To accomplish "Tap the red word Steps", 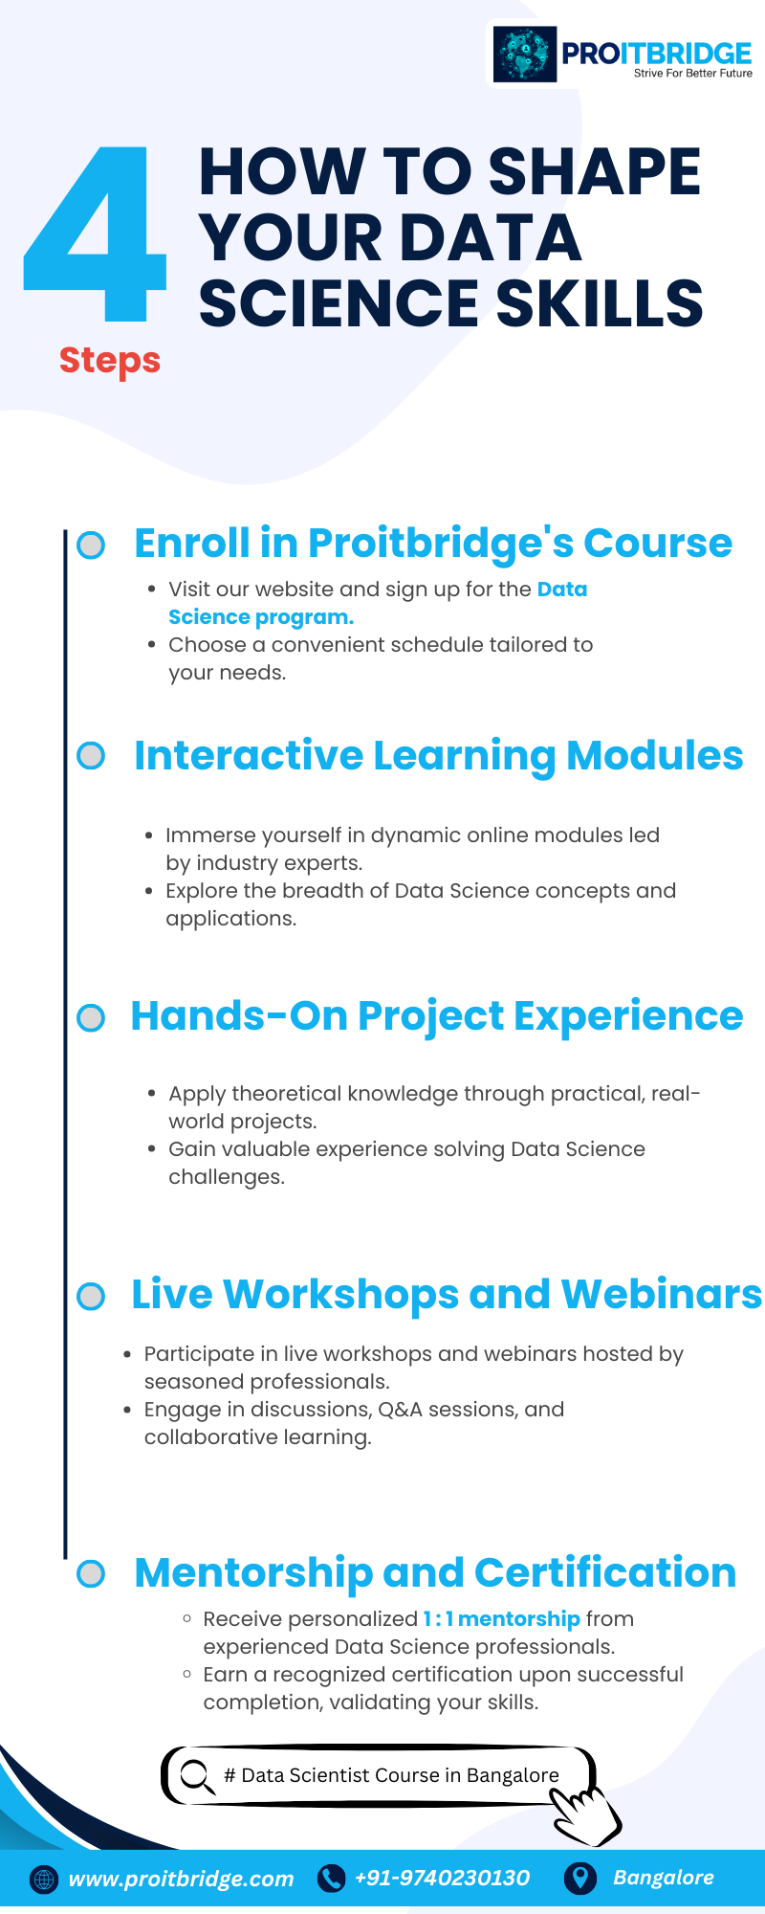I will tap(110, 361).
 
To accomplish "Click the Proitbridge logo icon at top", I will tap(524, 55).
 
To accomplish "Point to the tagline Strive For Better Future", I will tap(692, 74).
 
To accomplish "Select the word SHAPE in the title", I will tap(594, 172).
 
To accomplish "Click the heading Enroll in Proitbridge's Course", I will tap(432, 543).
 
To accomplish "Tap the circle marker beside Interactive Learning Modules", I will tap(91, 756).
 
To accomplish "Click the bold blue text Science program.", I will tap(260, 617).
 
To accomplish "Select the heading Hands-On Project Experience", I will tap(436, 1015).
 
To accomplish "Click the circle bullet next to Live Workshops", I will tap(91, 1297).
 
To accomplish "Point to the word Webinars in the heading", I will tap(661, 1294).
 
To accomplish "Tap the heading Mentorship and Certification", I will tap(435, 1572).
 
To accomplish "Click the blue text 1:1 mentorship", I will tap(501, 1618).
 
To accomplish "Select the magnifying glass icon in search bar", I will tap(197, 1776).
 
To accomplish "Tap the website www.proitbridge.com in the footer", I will tap(181, 1879).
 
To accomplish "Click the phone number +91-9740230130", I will tap(442, 1878).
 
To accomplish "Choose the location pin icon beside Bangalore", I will tap(579, 1878).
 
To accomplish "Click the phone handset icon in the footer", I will tap(331, 1879).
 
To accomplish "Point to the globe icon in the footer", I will tap(44, 1880).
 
